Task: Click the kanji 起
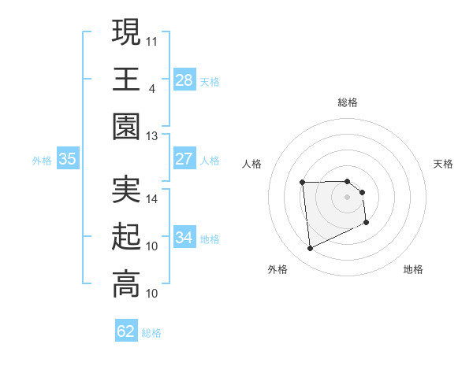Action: tap(126, 238)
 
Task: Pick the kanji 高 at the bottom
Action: tap(126, 285)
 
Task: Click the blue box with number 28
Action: tap(184, 80)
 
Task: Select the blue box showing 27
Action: tap(184, 159)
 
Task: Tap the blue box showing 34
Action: tap(184, 238)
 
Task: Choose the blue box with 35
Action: tap(68, 159)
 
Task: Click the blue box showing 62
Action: tap(126, 331)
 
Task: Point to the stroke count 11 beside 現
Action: tap(152, 39)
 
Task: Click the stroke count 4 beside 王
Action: tap(151, 88)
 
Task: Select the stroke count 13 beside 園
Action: tap(152, 136)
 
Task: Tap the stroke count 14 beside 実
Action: tap(152, 199)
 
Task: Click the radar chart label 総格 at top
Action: tap(348, 102)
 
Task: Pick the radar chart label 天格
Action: tap(444, 164)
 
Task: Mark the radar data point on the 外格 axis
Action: tap(310, 249)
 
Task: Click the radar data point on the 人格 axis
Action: tap(302, 183)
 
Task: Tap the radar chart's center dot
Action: tap(348, 196)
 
